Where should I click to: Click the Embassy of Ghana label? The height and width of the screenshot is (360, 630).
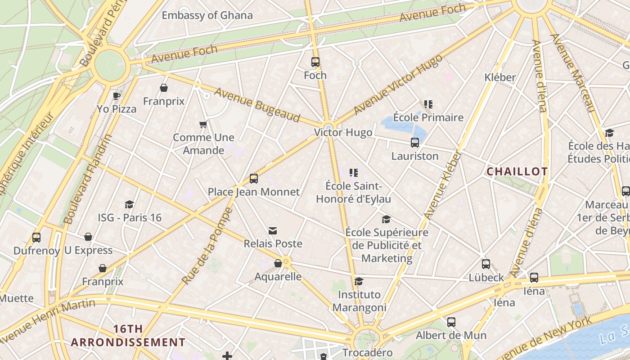click(x=207, y=15)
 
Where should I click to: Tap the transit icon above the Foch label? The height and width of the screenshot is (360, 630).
click(x=315, y=62)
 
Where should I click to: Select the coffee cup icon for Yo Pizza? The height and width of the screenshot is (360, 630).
click(x=117, y=96)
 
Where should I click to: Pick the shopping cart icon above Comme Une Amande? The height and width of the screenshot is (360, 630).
click(x=203, y=124)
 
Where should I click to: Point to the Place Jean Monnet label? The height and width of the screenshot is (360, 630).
click(x=253, y=192)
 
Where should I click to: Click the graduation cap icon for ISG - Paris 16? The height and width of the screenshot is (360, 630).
click(x=130, y=205)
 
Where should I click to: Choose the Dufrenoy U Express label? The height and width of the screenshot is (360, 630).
click(x=63, y=250)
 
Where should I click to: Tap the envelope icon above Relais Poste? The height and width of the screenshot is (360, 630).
click(x=273, y=231)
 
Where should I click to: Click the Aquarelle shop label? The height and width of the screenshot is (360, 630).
click(x=278, y=276)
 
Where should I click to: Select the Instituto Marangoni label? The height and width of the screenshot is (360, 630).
click(x=359, y=301)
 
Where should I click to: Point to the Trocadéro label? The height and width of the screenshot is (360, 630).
click(x=367, y=352)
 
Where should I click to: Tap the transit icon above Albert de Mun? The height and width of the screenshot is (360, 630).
click(x=451, y=322)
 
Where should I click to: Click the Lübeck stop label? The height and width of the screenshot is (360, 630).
click(x=486, y=278)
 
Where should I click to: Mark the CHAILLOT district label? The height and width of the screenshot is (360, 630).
click(x=517, y=171)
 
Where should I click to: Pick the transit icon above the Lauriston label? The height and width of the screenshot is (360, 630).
click(x=415, y=143)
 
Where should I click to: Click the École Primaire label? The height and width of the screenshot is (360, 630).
click(x=428, y=118)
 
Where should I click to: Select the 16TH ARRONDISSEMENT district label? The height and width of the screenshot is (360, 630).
click(x=128, y=336)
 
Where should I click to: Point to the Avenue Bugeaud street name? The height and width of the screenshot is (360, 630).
click(x=257, y=105)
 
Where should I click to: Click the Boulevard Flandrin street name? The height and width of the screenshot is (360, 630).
click(x=88, y=179)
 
